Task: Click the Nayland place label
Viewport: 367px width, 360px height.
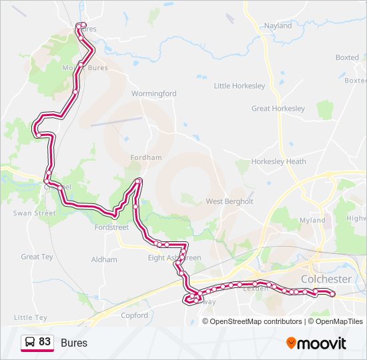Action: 278,26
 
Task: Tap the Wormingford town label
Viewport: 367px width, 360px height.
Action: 154,94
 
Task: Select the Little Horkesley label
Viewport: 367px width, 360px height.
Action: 240,86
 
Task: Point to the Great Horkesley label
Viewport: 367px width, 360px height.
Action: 278,109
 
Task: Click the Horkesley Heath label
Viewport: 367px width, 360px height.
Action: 279,161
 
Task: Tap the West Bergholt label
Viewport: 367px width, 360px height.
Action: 230,201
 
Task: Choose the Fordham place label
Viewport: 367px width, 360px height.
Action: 146,157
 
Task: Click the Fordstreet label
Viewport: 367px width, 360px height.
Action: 111,227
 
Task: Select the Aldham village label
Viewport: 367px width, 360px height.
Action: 104,259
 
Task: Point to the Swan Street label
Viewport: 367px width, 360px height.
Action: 35,213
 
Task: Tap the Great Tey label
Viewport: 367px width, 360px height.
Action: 37,257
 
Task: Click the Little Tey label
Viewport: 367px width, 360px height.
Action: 31,318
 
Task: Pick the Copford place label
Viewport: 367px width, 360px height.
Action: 134,315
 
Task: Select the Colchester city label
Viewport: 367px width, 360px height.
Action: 326,279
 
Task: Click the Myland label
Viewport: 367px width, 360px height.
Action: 313,220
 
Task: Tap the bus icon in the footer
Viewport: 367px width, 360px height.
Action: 30,342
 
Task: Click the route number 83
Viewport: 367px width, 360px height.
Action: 45,342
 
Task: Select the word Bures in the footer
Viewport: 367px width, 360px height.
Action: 74,343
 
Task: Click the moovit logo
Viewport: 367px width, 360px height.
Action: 316,343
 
